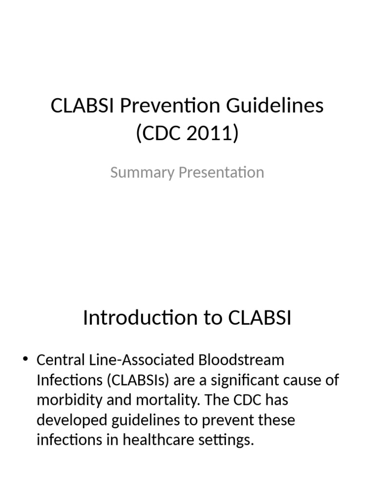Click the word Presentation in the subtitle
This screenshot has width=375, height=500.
[217, 172]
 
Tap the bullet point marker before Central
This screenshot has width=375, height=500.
[26, 360]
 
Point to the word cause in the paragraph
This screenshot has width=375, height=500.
[313, 380]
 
